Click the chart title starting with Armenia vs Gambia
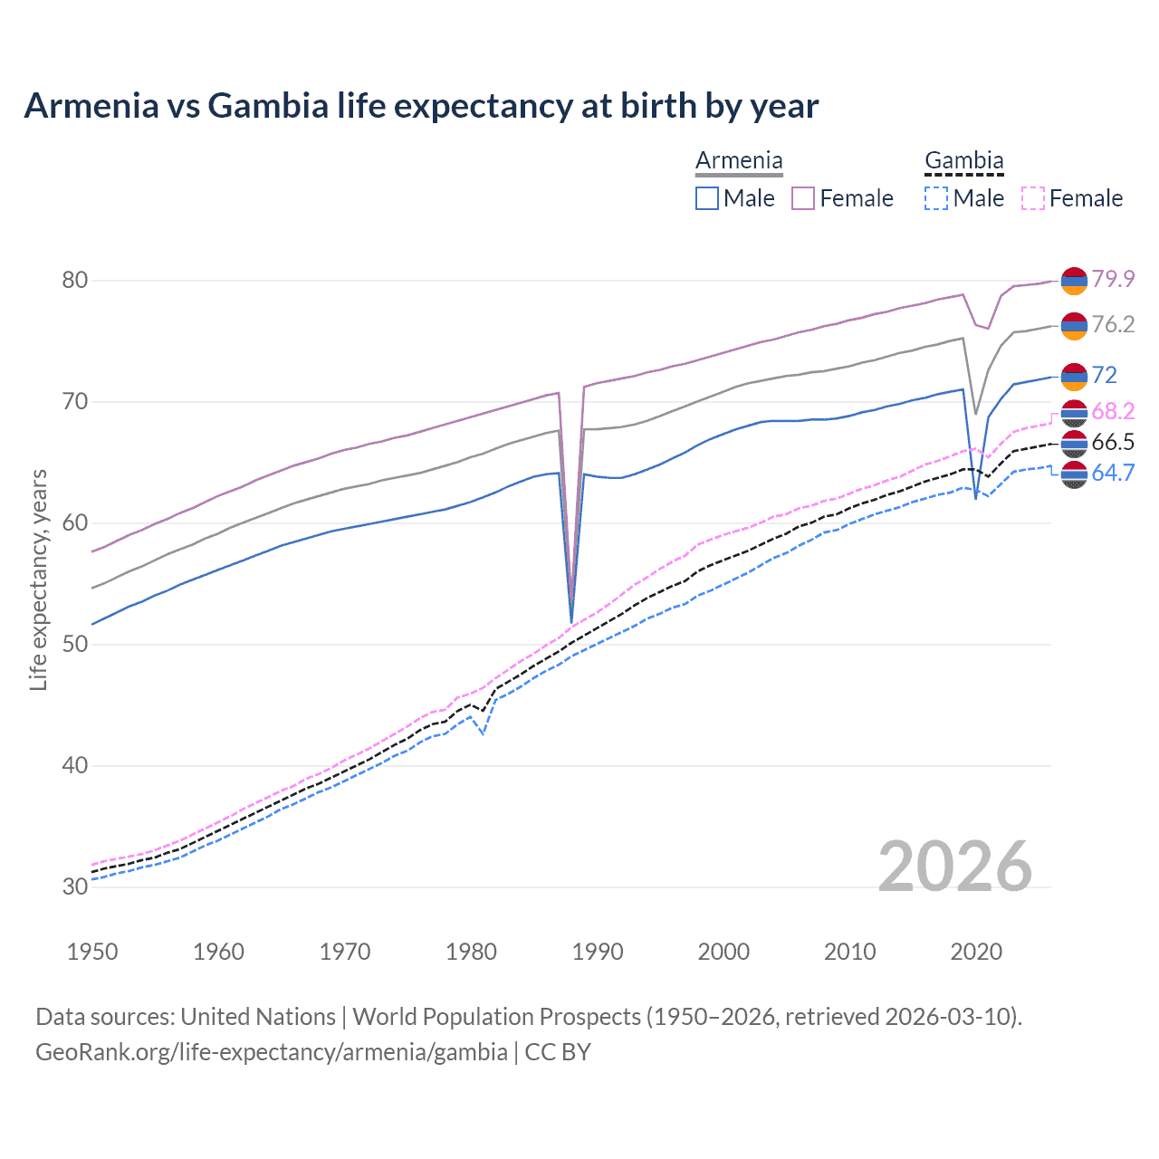point(421,106)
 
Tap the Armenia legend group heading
point(739,161)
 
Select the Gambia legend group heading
point(963,161)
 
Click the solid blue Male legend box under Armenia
point(707,198)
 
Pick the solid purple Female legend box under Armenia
point(803,198)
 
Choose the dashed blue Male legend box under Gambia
point(936,198)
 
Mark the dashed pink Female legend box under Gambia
point(1033,198)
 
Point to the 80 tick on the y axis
point(75,281)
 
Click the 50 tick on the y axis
point(75,645)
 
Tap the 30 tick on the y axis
point(75,887)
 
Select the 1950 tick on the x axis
point(92,952)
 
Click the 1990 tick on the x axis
point(598,952)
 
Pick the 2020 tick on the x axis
point(976,952)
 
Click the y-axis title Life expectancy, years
point(38,579)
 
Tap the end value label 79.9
point(1113,279)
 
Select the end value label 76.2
point(1113,324)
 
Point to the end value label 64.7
point(1113,473)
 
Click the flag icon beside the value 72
point(1074,376)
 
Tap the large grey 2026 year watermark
point(955,867)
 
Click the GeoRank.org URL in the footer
point(272,1052)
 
